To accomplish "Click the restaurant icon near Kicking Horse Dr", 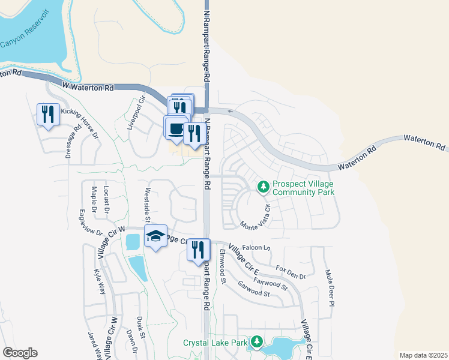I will pos(47,114).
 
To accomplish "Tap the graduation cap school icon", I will pos(155,237).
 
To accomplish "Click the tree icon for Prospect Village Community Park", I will pos(263,187).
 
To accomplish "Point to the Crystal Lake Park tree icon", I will pos(256,342).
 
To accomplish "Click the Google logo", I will pos(20,353).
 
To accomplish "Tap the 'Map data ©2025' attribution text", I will pos(423,355).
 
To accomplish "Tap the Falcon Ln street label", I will pos(256,247).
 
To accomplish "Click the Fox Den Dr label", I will pos(291,272).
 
